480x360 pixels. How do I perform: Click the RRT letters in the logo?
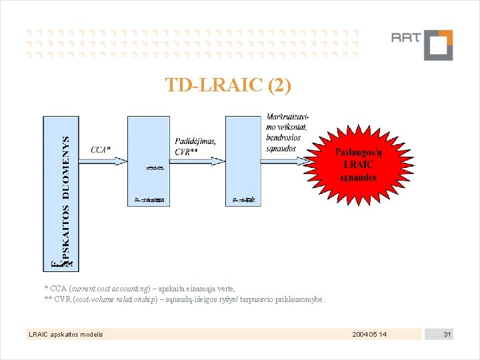[405, 38]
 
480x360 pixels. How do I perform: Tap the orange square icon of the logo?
[437, 45]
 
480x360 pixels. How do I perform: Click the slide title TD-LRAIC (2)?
[228, 85]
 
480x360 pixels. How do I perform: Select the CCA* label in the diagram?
[101, 149]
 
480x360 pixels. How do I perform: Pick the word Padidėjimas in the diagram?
[195, 141]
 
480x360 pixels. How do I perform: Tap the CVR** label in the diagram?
[186, 151]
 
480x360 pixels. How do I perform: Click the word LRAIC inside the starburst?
[359, 165]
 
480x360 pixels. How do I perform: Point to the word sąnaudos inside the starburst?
[359, 177]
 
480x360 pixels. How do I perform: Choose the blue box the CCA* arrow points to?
[148, 161]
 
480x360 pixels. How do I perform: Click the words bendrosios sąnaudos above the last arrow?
[281, 143]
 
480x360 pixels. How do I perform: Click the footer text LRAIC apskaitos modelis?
[65, 333]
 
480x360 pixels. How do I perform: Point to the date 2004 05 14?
[369, 333]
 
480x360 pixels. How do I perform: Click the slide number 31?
[448, 333]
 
